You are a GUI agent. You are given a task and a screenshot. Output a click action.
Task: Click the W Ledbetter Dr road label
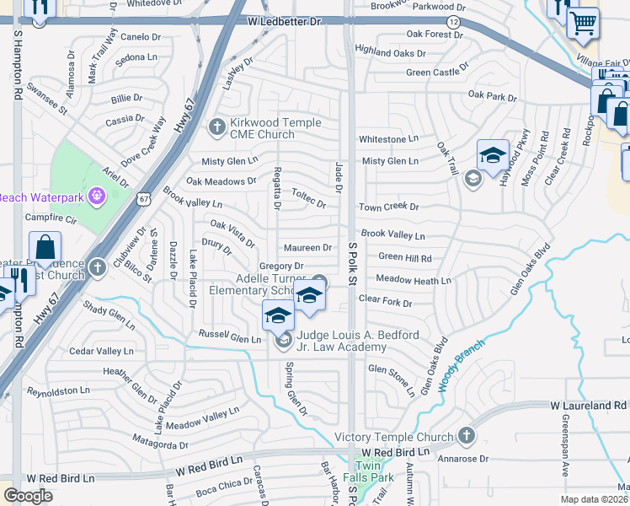click(286, 20)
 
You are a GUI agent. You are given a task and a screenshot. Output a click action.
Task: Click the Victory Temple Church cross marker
click(466, 436)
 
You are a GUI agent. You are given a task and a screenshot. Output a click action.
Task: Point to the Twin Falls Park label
click(374, 471)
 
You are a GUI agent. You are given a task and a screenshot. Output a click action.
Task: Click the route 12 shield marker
click(454, 21)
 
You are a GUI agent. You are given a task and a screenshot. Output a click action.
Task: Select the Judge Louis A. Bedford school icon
click(283, 341)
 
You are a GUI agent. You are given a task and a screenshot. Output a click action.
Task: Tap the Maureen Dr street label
click(307, 248)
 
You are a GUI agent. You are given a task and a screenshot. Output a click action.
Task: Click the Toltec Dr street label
click(309, 198)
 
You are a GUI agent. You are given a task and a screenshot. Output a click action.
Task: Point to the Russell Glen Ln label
click(230, 336)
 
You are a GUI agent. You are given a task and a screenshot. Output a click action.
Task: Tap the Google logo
click(28, 496)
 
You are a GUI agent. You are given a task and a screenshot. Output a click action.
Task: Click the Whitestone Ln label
click(388, 139)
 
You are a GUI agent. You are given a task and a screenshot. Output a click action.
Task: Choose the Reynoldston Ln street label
click(58, 390)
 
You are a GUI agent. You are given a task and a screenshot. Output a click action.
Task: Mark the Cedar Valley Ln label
click(101, 351)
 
